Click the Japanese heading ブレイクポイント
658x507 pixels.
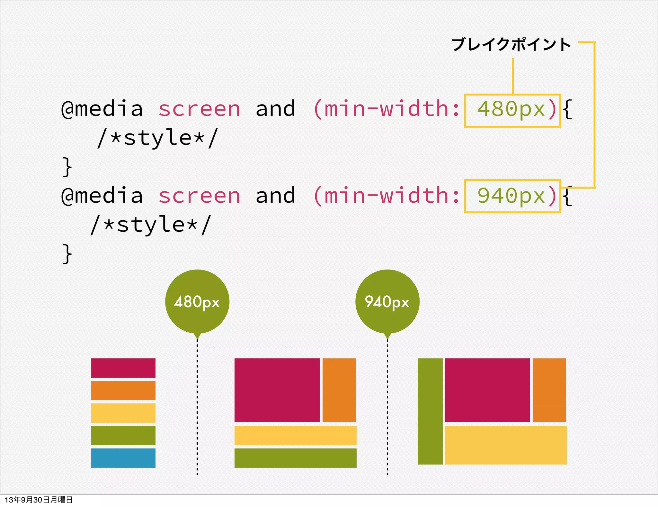pyautogui.click(x=511, y=44)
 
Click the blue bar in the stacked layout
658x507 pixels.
pyautogui.click(x=123, y=458)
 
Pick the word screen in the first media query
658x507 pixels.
pyautogui.click(x=199, y=109)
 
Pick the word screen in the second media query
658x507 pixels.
pyautogui.click(x=199, y=196)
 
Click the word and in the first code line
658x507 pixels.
pyautogui.click(x=275, y=109)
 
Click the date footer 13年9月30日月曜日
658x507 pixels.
pyautogui.click(x=39, y=500)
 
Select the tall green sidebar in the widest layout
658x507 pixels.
pyautogui.click(x=430, y=411)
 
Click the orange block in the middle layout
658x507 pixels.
pyautogui.click(x=339, y=390)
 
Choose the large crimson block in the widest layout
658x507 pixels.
pyautogui.click(x=487, y=390)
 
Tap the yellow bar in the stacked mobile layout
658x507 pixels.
pyautogui.click(x=123, y=413)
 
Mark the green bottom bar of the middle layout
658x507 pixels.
pyautogui.click(x=295, y=458)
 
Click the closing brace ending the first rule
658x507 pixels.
pyautogui.click(x=67, y=167)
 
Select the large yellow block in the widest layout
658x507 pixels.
pyautogui.click(x=505, y=445)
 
